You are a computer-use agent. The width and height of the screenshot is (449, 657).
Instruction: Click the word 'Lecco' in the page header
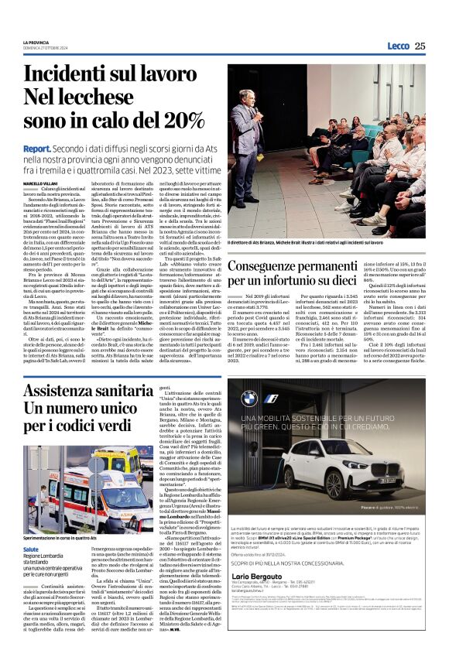pos(398,46)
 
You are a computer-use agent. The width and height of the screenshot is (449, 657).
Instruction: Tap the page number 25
pos(420,46)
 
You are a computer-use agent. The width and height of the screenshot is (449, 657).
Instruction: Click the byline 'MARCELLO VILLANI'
pos(63,183)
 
